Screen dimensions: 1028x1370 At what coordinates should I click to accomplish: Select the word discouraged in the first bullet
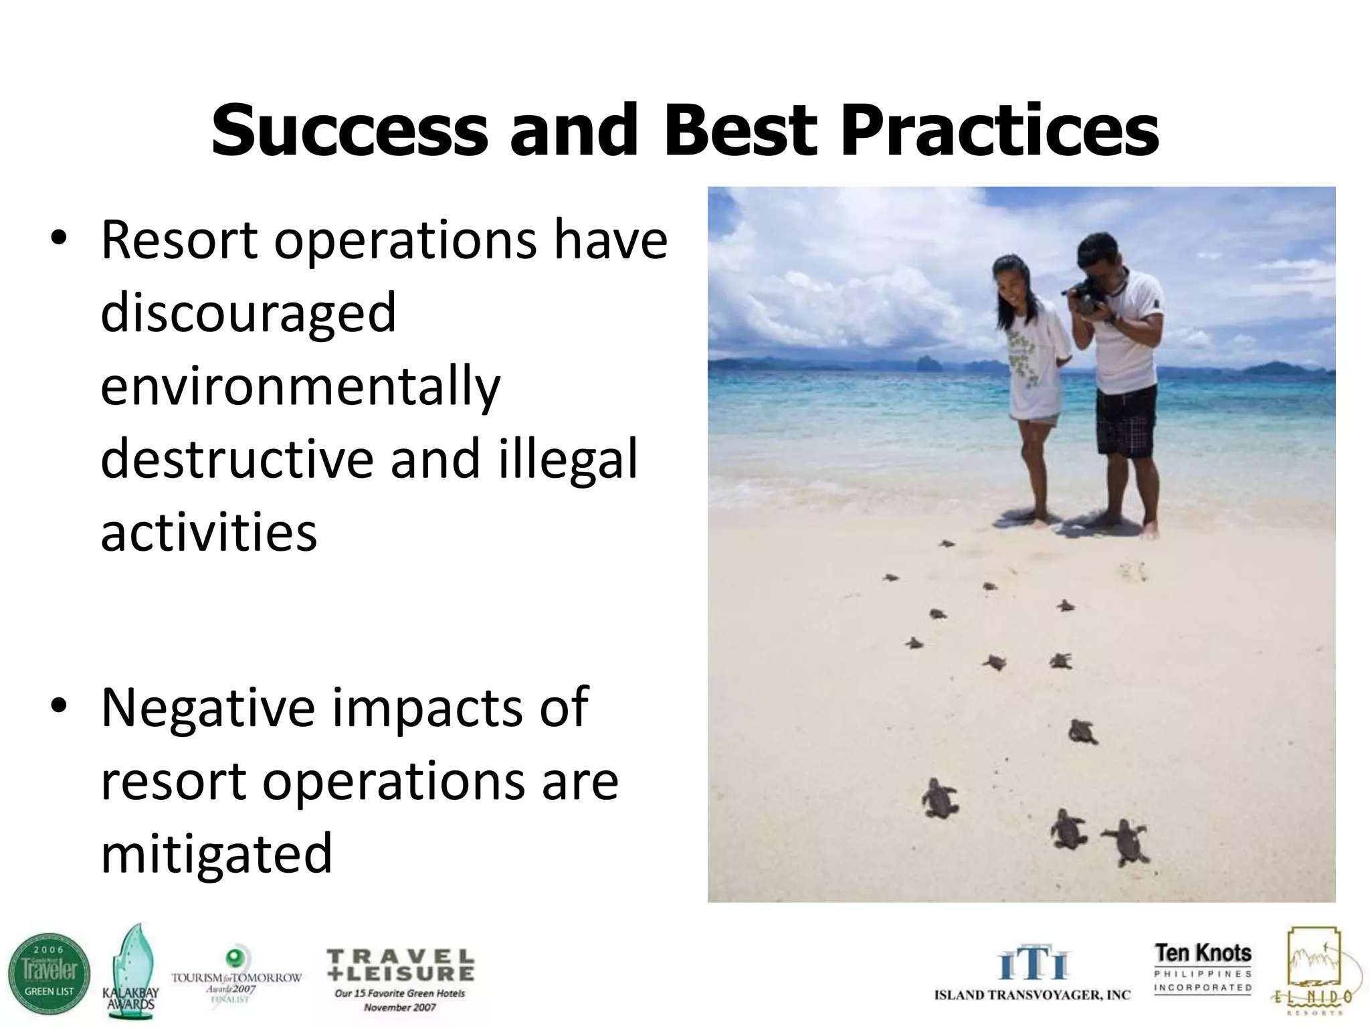(248, 313)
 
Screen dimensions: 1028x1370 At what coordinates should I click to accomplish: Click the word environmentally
(300, 387)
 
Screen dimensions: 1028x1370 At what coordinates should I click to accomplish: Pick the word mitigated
(216, 853)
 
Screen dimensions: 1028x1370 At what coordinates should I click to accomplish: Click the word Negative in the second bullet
(208, 707)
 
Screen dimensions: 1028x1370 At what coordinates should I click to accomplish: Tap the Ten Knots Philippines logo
(1202, 968)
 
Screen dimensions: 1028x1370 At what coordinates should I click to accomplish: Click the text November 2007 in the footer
(400, 1007)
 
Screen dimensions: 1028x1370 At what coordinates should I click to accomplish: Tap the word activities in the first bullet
(209, 533)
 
